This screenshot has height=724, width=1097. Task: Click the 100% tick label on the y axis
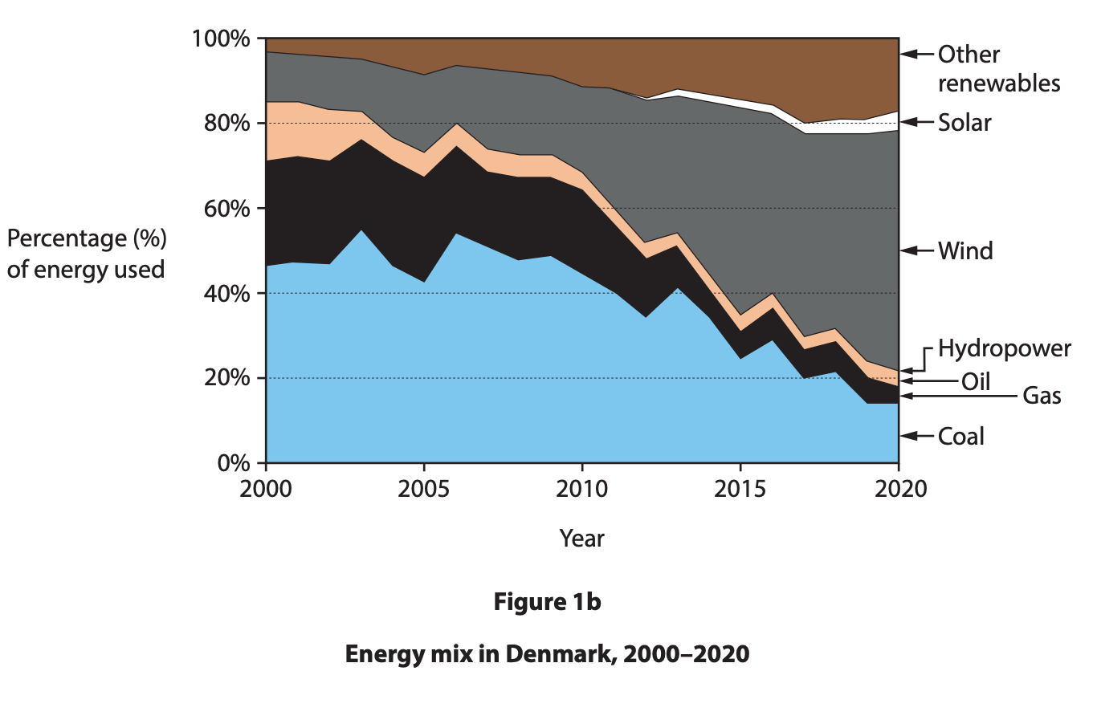[x=221, y=39]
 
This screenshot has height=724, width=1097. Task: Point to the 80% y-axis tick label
[x=227, y=124]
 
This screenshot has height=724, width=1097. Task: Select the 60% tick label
[x=227, y=209]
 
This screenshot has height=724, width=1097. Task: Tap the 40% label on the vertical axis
[x=227, y=294]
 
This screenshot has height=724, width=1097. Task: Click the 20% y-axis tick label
[x=227, y=378]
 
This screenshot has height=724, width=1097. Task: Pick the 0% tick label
[x=234, y=463]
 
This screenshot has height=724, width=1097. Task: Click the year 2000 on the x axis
[x=266, y=488]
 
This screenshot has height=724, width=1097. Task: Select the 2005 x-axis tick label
[x=424, y=488]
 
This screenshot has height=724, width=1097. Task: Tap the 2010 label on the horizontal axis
[x=582, y=488]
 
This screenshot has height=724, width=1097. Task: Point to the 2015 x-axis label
[x=740, y=488]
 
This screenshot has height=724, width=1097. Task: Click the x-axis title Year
[x=581, y=538]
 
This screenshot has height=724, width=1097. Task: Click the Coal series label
[x=960, y=437]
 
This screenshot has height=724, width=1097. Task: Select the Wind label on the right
[x=965, y=251]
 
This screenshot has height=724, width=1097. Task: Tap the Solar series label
[x=964, y=123]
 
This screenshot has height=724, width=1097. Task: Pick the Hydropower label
[x=1004, y=348]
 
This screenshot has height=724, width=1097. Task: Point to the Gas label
[x=1042, y=396]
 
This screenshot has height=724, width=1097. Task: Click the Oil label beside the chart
[x=976, y=381]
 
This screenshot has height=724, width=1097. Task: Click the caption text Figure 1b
[x=547, y=602]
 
